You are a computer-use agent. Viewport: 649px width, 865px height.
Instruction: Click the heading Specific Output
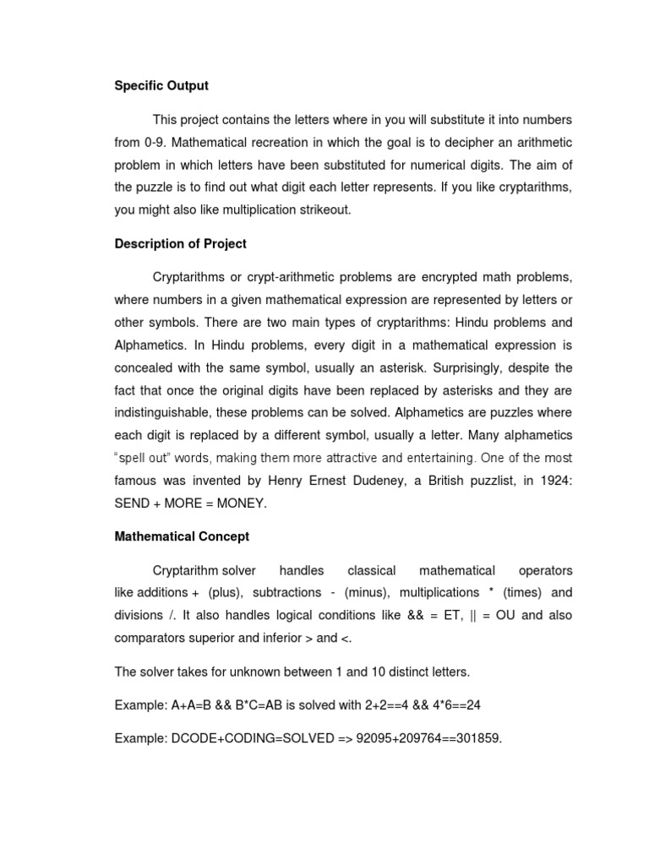[x=161, y=86]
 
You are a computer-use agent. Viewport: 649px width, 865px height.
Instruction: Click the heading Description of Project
[x=181, y=244]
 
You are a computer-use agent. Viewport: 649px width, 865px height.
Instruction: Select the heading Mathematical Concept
[x=182, y=536]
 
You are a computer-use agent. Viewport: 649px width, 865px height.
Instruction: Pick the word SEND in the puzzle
[x=132, y=503]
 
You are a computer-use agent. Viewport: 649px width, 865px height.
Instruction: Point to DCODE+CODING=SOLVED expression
[x=249, y=738]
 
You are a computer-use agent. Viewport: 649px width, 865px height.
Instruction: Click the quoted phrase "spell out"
[x=145, y=459]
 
